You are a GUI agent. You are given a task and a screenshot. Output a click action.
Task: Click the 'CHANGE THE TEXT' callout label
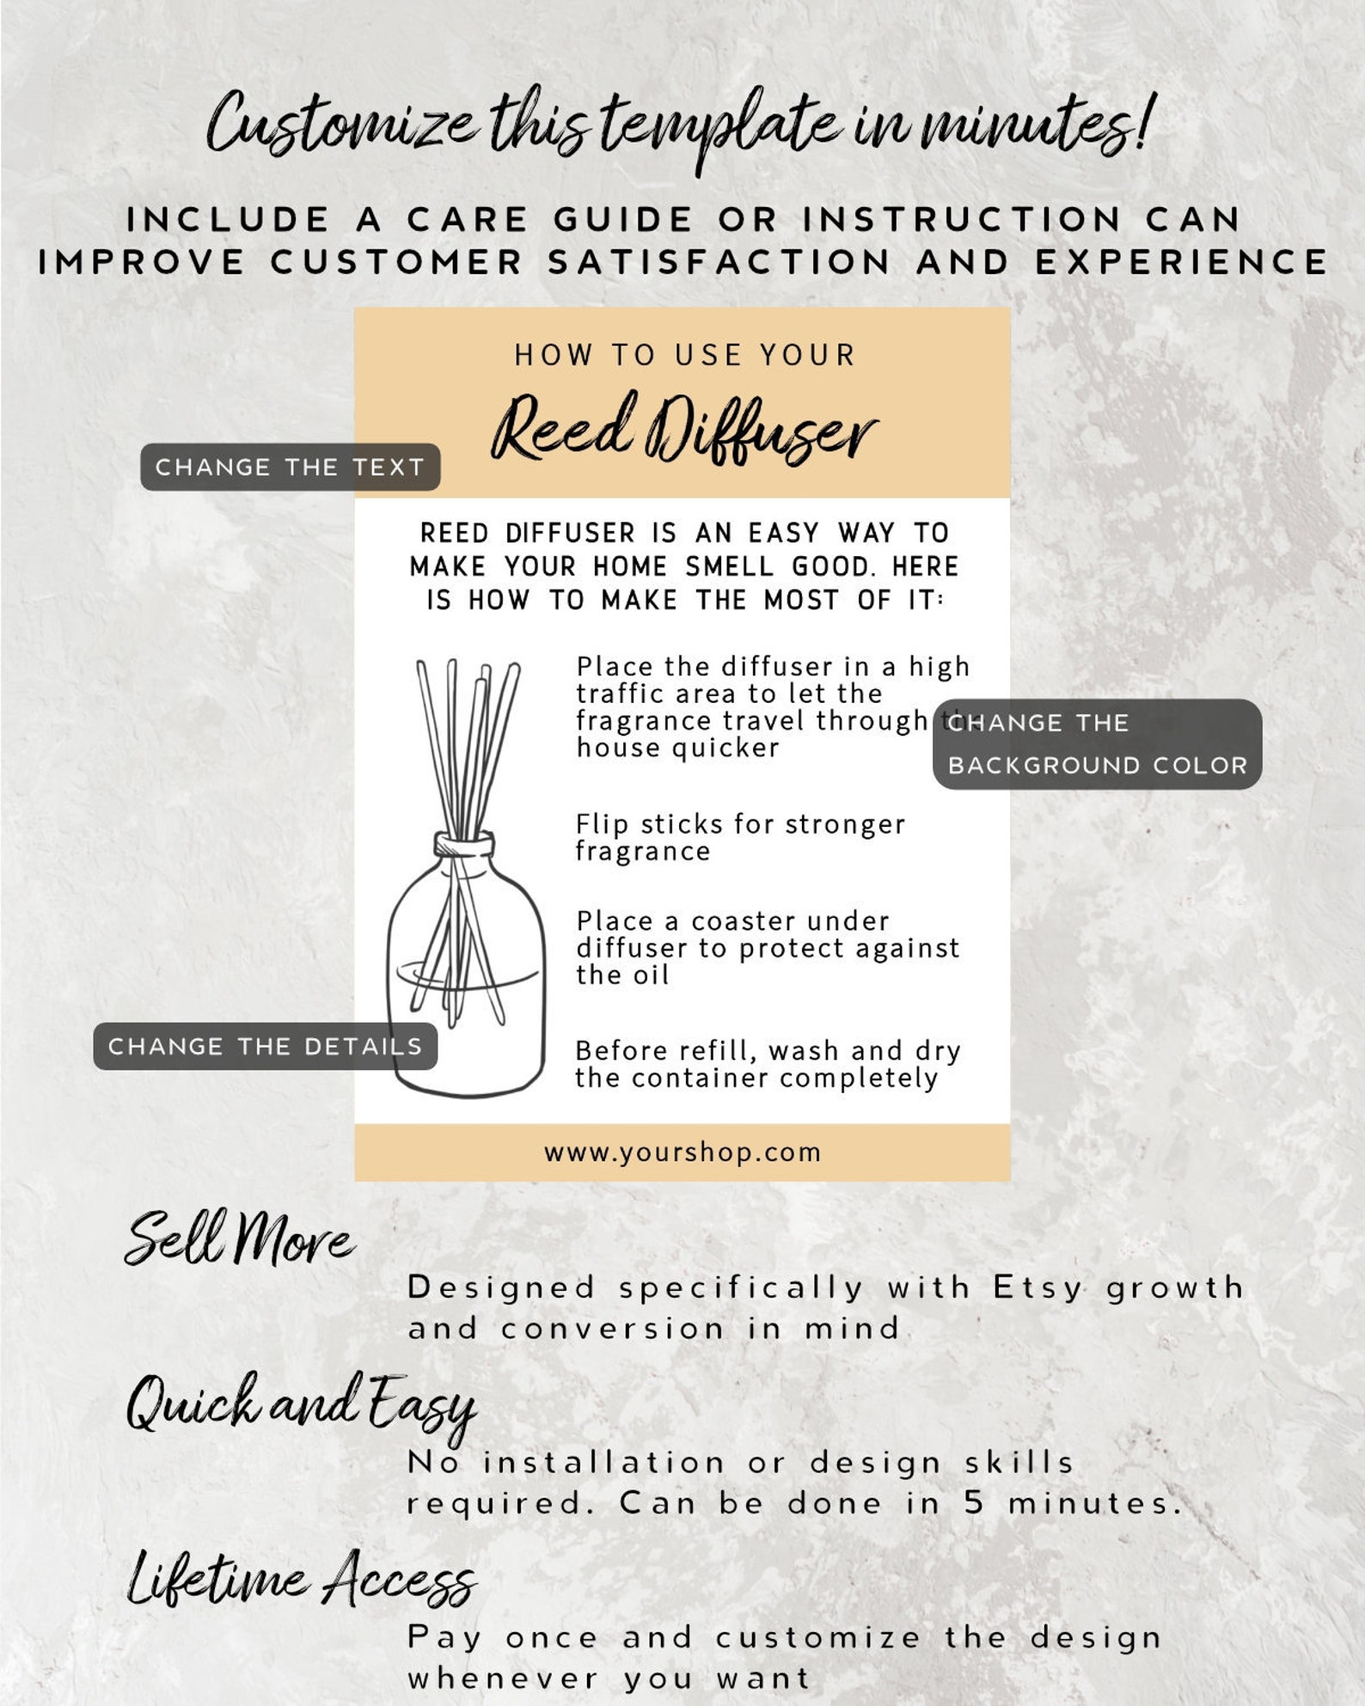(290, 468)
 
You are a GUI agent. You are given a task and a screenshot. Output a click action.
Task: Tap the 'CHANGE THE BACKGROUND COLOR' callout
(1097, 744)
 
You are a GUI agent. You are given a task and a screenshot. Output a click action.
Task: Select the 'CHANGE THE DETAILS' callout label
(265, 1046)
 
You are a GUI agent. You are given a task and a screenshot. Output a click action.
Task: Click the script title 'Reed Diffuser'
(683, 428)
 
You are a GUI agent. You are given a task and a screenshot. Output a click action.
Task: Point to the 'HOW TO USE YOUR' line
(685, 355)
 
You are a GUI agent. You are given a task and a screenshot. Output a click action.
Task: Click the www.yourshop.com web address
(682, 1153)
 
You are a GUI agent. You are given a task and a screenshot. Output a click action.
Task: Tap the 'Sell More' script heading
(239, 1238)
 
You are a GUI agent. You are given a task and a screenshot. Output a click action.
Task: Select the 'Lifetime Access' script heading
(301, 1578)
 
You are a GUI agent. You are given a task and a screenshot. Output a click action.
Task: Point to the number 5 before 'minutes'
(973, 1503)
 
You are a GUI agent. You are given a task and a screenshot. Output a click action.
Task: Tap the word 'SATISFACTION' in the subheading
(719, 262)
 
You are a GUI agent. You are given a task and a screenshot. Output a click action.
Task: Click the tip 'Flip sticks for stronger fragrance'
(739, 838)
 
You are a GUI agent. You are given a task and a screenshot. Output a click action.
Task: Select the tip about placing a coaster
(767, 948)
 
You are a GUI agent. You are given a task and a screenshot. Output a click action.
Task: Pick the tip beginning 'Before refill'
(767, 1064)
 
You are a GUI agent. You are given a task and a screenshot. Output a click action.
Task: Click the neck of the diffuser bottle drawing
(464, 844)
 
